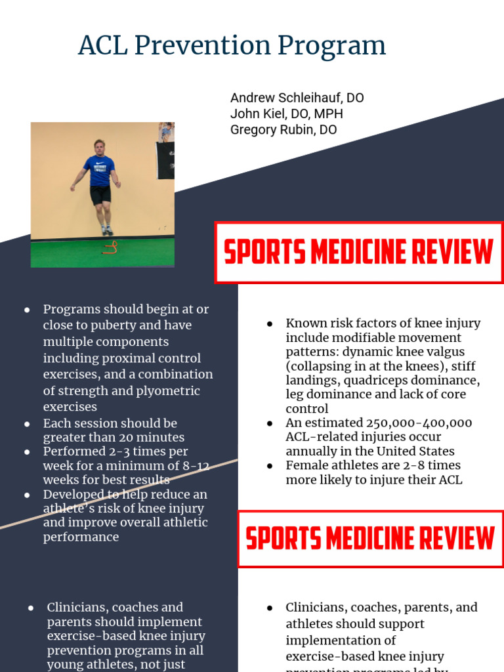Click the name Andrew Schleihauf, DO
pyautogui.click(x=297, y=98)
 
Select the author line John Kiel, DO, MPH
pyautogui.click(x=286, y=114)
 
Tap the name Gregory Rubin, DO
pyautogui.click(x=283, y=129)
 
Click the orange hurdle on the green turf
pyautogui.click(x=111, y=247)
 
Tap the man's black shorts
pyautogui.click(x=100, y=194)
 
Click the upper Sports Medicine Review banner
pyautogui.click(x=358, y=253)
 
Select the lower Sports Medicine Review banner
pyautogui.click(x=370, y=539)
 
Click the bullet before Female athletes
pyautogui.click(x=270, y=466)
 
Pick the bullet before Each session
pyautogui.click(x=27, y=424)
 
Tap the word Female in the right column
pyautogui.click(x=306, y=465)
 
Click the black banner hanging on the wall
pyautogui.click(x=165, y=159)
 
